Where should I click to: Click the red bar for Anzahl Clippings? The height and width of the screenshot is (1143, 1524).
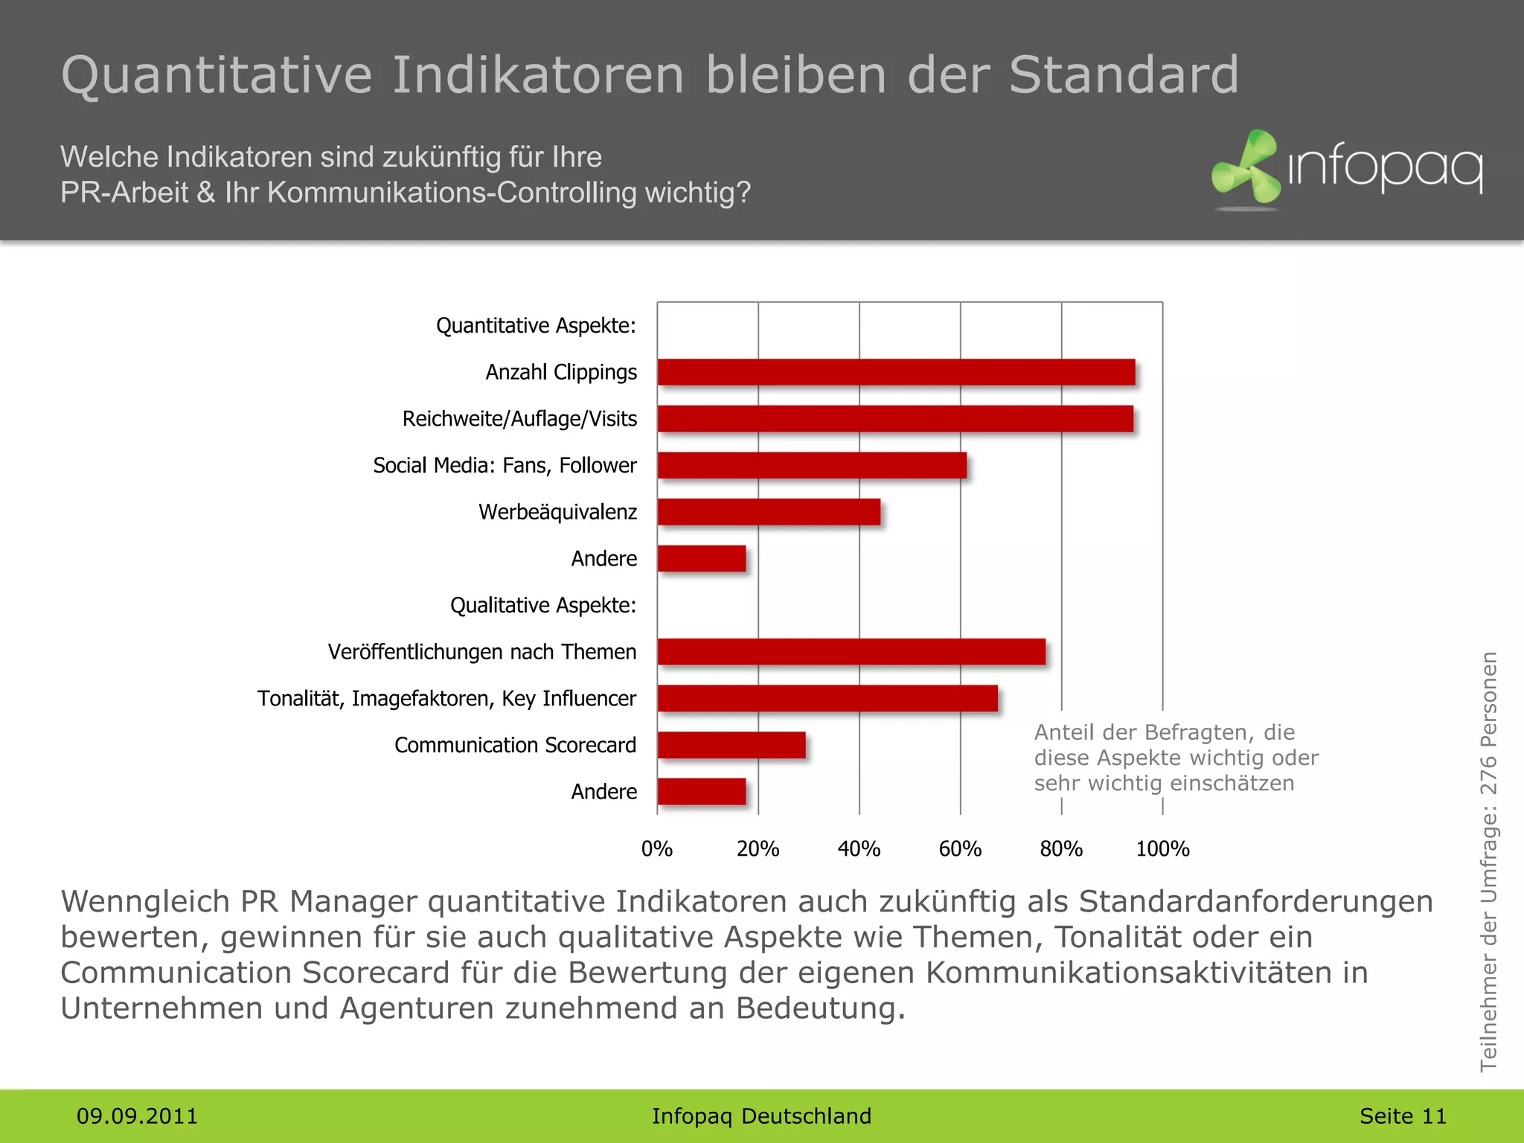pyautogui.click(x=896, y=372)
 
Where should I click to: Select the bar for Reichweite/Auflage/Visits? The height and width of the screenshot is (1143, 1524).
pyautogui.click(x=895, y=419)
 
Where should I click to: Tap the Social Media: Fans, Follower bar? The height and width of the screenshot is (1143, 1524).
pyautogui.click(x=812, y=465)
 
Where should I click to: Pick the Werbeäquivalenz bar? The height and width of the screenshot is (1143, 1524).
pyautogui.click(x=769, y=512)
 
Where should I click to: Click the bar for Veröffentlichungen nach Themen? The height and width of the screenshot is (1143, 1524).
pyautogui.click(x=851, y=652)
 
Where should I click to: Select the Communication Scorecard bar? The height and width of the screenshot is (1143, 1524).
pyautogui.click(x=731, y=745)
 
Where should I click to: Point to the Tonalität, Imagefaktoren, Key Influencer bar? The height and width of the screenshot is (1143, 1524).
pyautogui.click(x=827, y=699)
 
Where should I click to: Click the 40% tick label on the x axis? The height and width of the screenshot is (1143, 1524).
pyautogui.click(x=859, y=849)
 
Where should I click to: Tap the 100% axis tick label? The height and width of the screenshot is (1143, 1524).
pyautogui.click(x=1162, y=849)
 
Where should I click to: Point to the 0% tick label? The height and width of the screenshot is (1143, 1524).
pyautogui.click(x=657, y=849)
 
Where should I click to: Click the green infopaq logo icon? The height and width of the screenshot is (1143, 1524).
pyautogui.click(x=1246, y=167)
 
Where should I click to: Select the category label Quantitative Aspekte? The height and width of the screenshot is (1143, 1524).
pyautogui.click(x=536, y=326)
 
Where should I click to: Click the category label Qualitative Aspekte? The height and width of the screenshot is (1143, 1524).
pyautogui.click(x=543, y=606)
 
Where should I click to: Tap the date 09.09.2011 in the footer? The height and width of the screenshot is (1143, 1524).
pyautogui.click(x=138, y=1116)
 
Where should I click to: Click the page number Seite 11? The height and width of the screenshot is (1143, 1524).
pyautogui.click(x=1403, y=1116)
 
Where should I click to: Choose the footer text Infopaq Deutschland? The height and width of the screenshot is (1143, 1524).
pyautogui.click(x=761, y=1116)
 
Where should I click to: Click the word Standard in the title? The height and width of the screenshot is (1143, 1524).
pyautogui.click(x=1124, y=75)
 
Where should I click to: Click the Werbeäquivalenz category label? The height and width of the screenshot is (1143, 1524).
pyautogui.click(x=557, y=513)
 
